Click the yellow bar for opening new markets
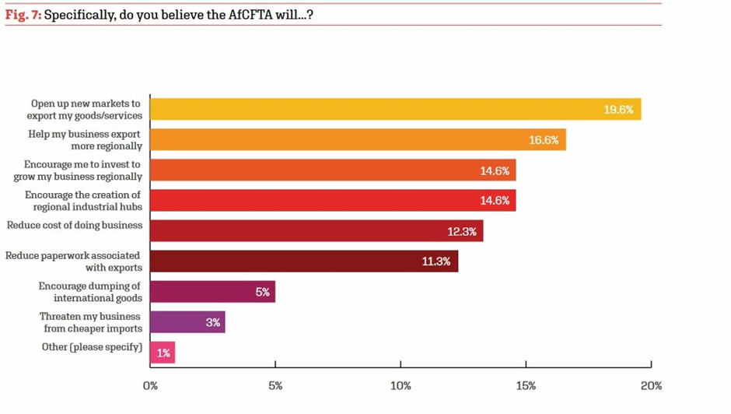[x=395, y=109]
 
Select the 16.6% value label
[x=544, y=140]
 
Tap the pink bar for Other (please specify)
[x=163, y=353]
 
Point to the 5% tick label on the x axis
[x=275, y=386]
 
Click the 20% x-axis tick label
[x=651, y=386]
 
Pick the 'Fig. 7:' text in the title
[x=23, y=15]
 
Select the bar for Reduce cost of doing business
[x=317, y=231]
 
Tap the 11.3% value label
[x=436, y=261]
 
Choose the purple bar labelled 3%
[x=187, y=322]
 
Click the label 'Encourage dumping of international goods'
[x=90, y=292]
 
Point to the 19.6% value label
[x=619, y=110]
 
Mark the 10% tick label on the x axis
[x=400, y=386]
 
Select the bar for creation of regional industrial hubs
[x=333, y=200]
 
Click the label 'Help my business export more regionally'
[x=85, y=140]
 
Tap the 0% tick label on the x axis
[x=150, y=386]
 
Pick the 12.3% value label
[x=461, y=231]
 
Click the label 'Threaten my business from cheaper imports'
[x=90, y=322]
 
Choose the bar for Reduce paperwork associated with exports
[x=304, y=261]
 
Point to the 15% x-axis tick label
[x=526, y=386]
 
